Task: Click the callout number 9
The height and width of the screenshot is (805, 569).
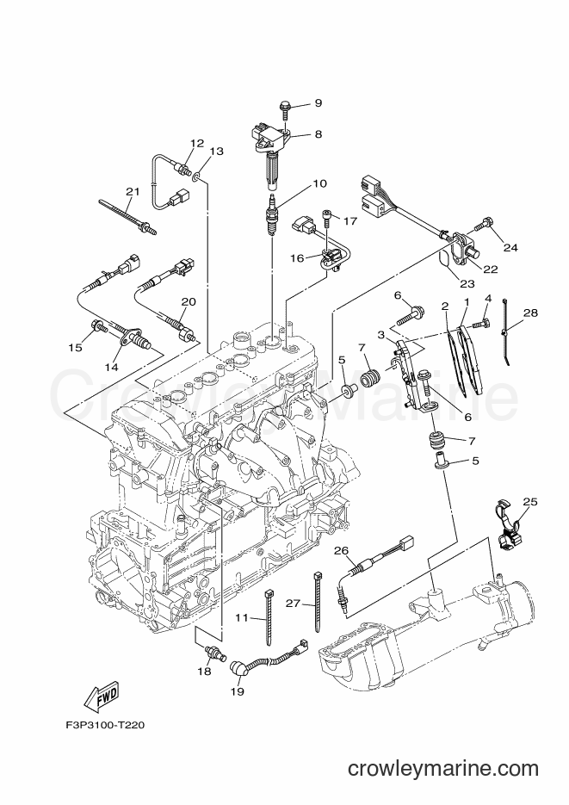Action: [x=318, y=103]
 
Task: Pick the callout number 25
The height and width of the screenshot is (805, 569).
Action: [x=529, y=500]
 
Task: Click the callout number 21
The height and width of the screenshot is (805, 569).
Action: [x=132, y=191]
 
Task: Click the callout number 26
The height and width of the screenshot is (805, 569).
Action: [x=340, y=550]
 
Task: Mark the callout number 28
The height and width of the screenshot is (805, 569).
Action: [x=529, y=313]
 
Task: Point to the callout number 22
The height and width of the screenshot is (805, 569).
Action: [x=490, y=269]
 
